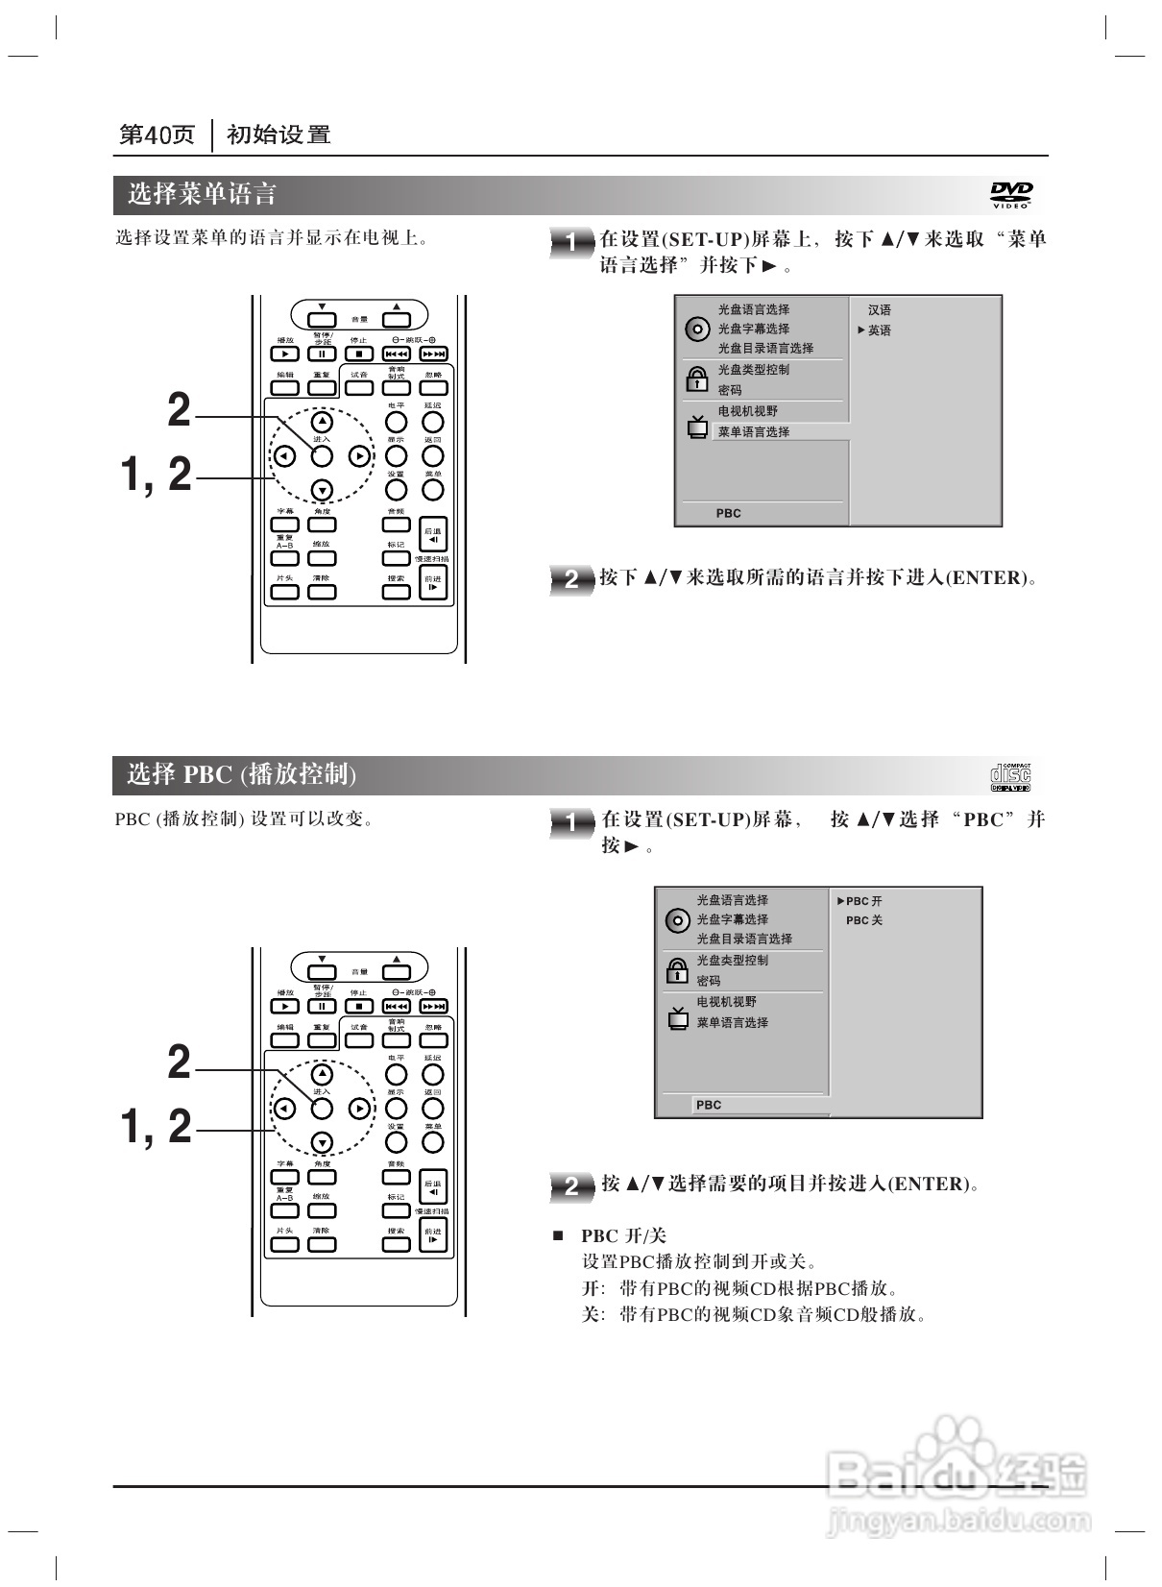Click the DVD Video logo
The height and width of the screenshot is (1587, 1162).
[x=1011, y=195]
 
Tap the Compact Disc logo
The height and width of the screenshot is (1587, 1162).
[x=1010, y=776]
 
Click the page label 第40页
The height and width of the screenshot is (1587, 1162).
[x=157, y=135]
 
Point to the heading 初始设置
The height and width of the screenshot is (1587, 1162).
[x=278, y=135]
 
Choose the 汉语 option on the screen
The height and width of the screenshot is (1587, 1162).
[x=879, y=310]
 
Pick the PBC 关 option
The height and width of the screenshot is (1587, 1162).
[x=863, y=920]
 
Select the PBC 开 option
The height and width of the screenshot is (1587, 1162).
[x=863, y=901]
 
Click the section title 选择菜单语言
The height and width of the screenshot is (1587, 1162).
[x=203, y=195]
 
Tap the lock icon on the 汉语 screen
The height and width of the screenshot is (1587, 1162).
[x=695, y=379]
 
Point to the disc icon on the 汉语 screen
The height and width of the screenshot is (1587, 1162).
[x=696, y=330]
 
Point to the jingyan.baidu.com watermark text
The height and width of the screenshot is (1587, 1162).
[x=958, y=1521]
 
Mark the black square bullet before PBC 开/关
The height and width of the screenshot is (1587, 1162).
[x=557, y=1234]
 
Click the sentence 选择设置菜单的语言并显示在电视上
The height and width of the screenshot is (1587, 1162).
[x=272, y=237]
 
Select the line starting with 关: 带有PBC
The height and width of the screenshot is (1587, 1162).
[x=754, y=1313]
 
